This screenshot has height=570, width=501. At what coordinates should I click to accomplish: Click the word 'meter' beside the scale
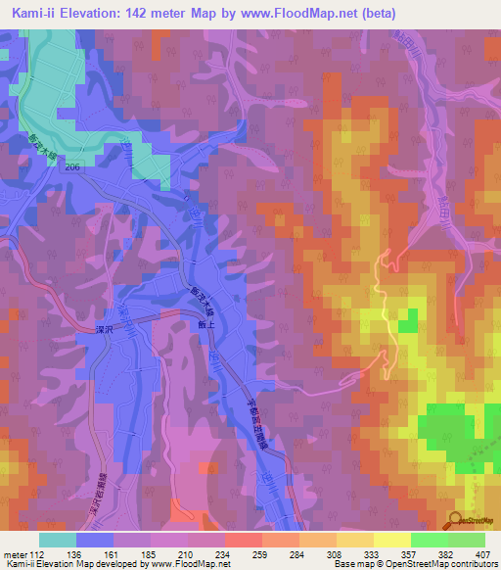pos(14,553)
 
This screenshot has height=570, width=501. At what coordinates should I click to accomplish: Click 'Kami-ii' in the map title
pos(39,12)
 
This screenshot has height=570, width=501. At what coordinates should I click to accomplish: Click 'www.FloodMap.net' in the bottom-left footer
pos(189,564)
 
